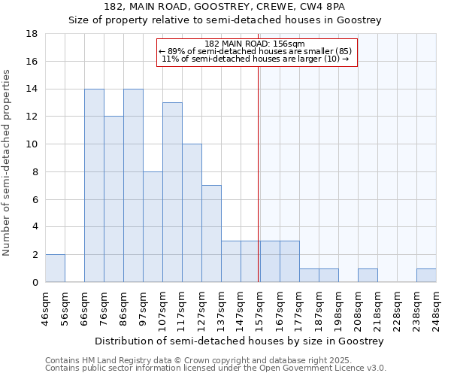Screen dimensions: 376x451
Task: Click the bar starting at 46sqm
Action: click(x=55, y=268)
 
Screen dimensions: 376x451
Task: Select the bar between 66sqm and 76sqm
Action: click(x=94, y=186)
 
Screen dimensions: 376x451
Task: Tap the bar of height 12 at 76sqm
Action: click(x=114, y=199)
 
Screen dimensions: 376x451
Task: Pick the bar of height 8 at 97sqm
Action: click(x=153, y=227)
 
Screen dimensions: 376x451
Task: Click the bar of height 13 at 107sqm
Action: click(x=172, y=193)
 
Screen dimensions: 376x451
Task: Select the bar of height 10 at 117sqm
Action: click(x=192, y=213)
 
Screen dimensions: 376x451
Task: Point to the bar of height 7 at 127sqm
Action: click(x=211, y=234)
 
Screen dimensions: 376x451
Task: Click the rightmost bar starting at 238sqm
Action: click(x=426, y=275)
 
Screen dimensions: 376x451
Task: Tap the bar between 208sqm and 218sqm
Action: click(x=368, y=275)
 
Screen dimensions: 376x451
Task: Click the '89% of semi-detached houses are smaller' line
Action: click(x=256, y=51)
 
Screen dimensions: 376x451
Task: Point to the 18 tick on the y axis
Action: click(x=33, y=34)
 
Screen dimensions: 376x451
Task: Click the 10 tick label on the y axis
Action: click(x=33, y=144)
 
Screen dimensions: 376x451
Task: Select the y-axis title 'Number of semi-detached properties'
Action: click(x=8, y=162)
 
